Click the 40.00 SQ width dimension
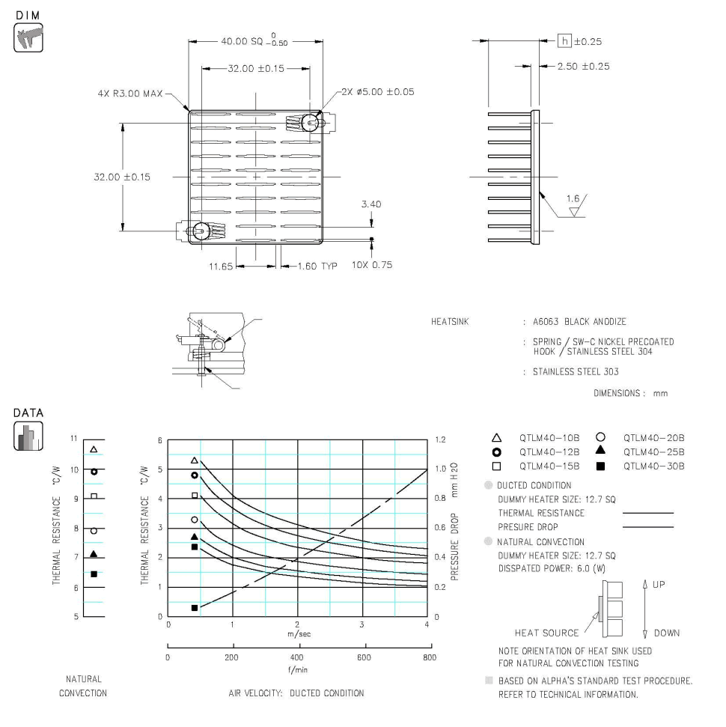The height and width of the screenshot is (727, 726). pos(246,40)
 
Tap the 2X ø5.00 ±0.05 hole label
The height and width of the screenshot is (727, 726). pos(377,92)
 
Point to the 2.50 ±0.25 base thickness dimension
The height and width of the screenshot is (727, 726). pos(583,67)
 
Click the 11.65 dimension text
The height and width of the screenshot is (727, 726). pos(222,266)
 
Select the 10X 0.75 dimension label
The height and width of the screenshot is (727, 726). pos(371,266)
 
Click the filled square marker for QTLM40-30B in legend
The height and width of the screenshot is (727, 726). pos(600,466)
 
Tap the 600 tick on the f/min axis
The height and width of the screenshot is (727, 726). pos(364,658)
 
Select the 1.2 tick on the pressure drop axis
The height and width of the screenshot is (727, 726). pos(442,440)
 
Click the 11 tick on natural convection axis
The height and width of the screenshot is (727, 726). pos(74,440)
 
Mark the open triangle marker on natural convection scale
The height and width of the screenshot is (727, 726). pos(94,449)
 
